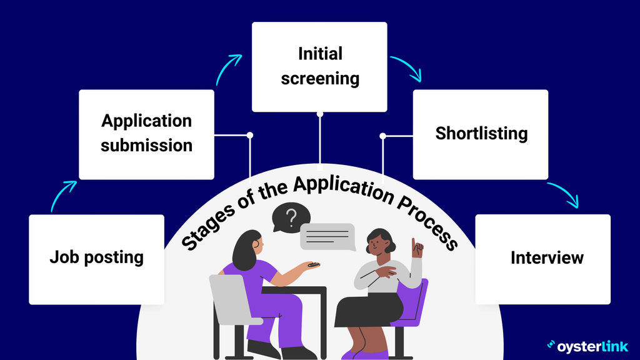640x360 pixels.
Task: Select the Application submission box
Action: (x=146, y=134)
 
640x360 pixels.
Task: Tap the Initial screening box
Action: (x=319, y=67)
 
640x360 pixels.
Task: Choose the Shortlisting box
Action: (x=481, y=134)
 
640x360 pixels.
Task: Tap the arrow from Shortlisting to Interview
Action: (x=565, y=195)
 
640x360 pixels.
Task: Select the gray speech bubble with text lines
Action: (x=327, y=236)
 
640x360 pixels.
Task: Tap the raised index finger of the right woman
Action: (x=413, y=242)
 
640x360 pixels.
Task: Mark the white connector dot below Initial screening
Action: (x=320, y=114)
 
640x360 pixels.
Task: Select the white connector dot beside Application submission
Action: (x=250, y=135)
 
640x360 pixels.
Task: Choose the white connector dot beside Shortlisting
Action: (x=383, y=135)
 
